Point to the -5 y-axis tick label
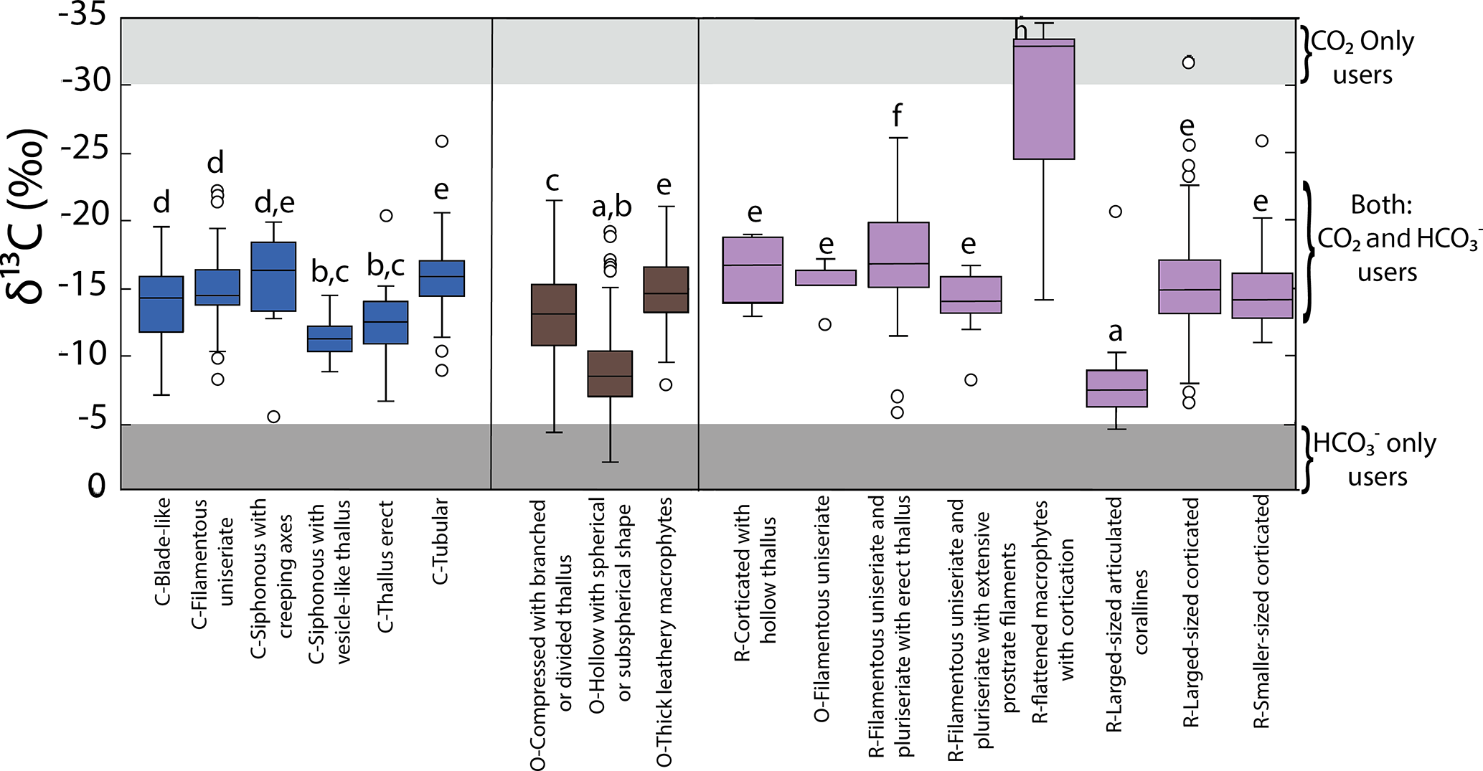pos(90,420)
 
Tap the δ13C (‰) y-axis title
pos(30,215)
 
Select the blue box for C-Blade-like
pos(161,304)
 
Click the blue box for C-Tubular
pos(442,278)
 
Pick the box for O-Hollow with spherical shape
pos(611,374)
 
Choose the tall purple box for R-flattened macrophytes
pos(1044,99)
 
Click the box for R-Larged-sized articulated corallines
pos(1116,389)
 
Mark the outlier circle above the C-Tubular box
pos(442,141)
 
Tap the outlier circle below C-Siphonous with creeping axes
pos(273,417)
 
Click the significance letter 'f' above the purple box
pos(897,115)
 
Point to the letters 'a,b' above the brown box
pos(611,207)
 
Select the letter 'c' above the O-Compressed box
pos(552,181)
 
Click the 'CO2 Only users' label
pos(1362,58)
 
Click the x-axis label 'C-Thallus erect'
pos(386,567)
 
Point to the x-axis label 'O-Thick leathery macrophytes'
pos(664,631)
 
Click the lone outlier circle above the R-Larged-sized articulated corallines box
pos(1115,212)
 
